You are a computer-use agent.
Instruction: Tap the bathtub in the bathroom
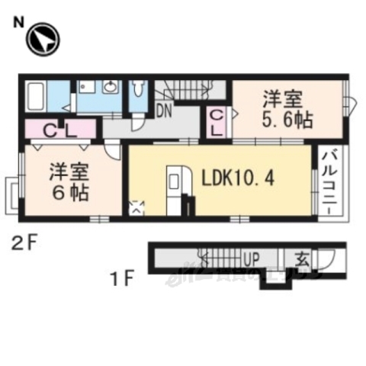click(37, 98)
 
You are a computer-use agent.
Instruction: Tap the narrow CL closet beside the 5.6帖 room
click(216, 122)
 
